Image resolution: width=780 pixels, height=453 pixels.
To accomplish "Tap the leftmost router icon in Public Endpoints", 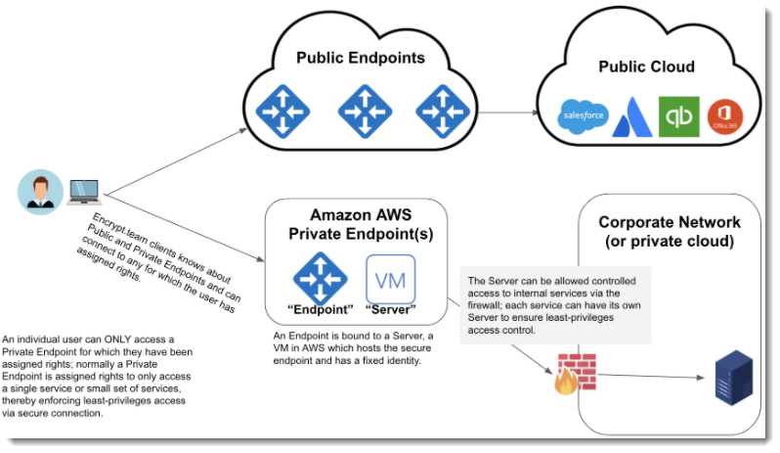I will (282, 111).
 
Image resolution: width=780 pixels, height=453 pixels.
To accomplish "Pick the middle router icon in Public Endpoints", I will (364, 111).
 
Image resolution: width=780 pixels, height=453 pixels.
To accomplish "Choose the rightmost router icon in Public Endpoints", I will (443, 111).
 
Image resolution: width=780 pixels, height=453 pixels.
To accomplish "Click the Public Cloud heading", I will (646, 67).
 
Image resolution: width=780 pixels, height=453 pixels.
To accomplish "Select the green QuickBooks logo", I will (678, 116).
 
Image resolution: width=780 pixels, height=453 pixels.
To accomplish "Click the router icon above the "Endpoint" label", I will (321, 278).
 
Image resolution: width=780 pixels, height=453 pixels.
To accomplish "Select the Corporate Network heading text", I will (670, 232).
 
